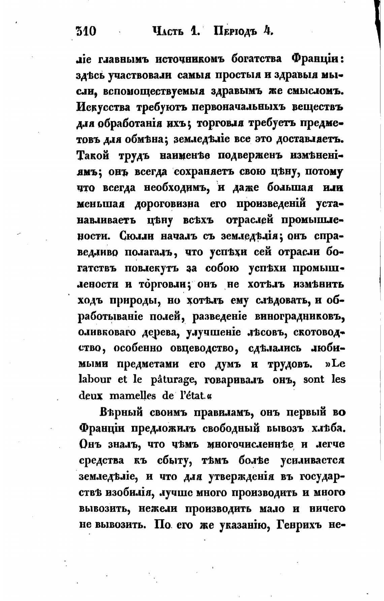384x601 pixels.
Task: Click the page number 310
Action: [86, 31]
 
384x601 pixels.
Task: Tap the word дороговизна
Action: [167, 204]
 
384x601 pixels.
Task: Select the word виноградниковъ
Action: [299, 317]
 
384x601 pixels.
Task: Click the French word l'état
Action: [191, 396]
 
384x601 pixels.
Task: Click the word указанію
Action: [244, 525]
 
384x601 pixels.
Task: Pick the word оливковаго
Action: [106, 332]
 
